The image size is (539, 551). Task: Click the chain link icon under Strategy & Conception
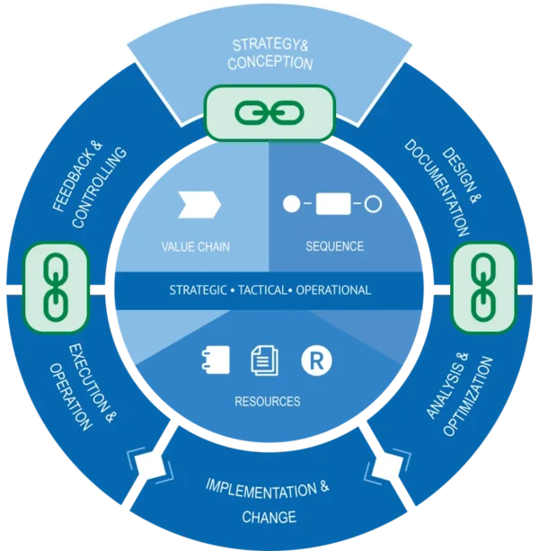point(269,112)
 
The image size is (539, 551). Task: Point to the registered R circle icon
point(316,360)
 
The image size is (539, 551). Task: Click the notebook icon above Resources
point(216,360)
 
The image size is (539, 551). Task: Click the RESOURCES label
point(267,401)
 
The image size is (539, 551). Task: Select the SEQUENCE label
point(333,245)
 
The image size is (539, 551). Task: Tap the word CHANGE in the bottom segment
point(269,518)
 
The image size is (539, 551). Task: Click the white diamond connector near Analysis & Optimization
point(389,466)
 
